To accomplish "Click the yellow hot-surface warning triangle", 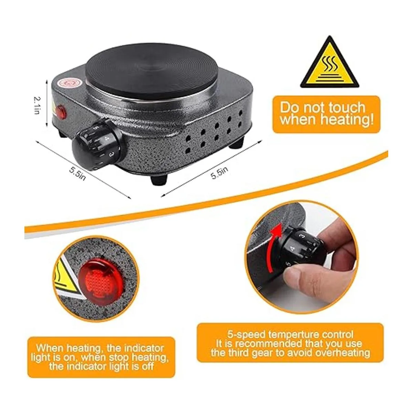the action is (x=329, y=64).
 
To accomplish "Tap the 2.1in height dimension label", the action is (x=37, y=105).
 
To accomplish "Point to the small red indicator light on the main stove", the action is (x=61, y=111).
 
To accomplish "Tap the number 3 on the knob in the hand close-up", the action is (x=303, y=236).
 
